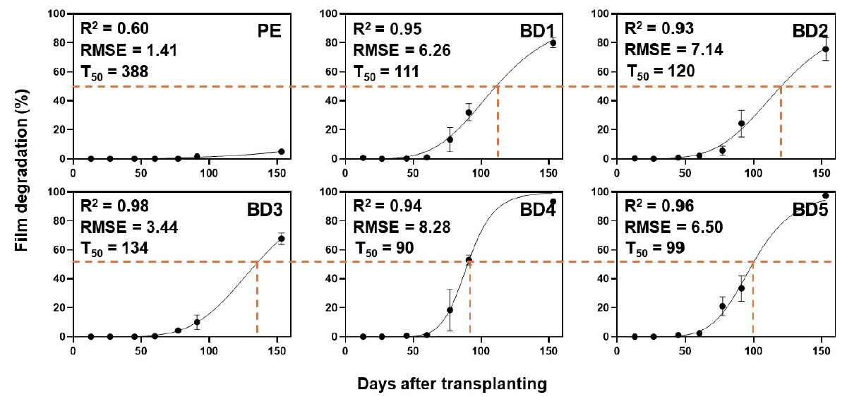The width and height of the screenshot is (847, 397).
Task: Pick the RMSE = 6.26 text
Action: coord(401,50)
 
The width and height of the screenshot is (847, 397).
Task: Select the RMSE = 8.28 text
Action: coord(401,227)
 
